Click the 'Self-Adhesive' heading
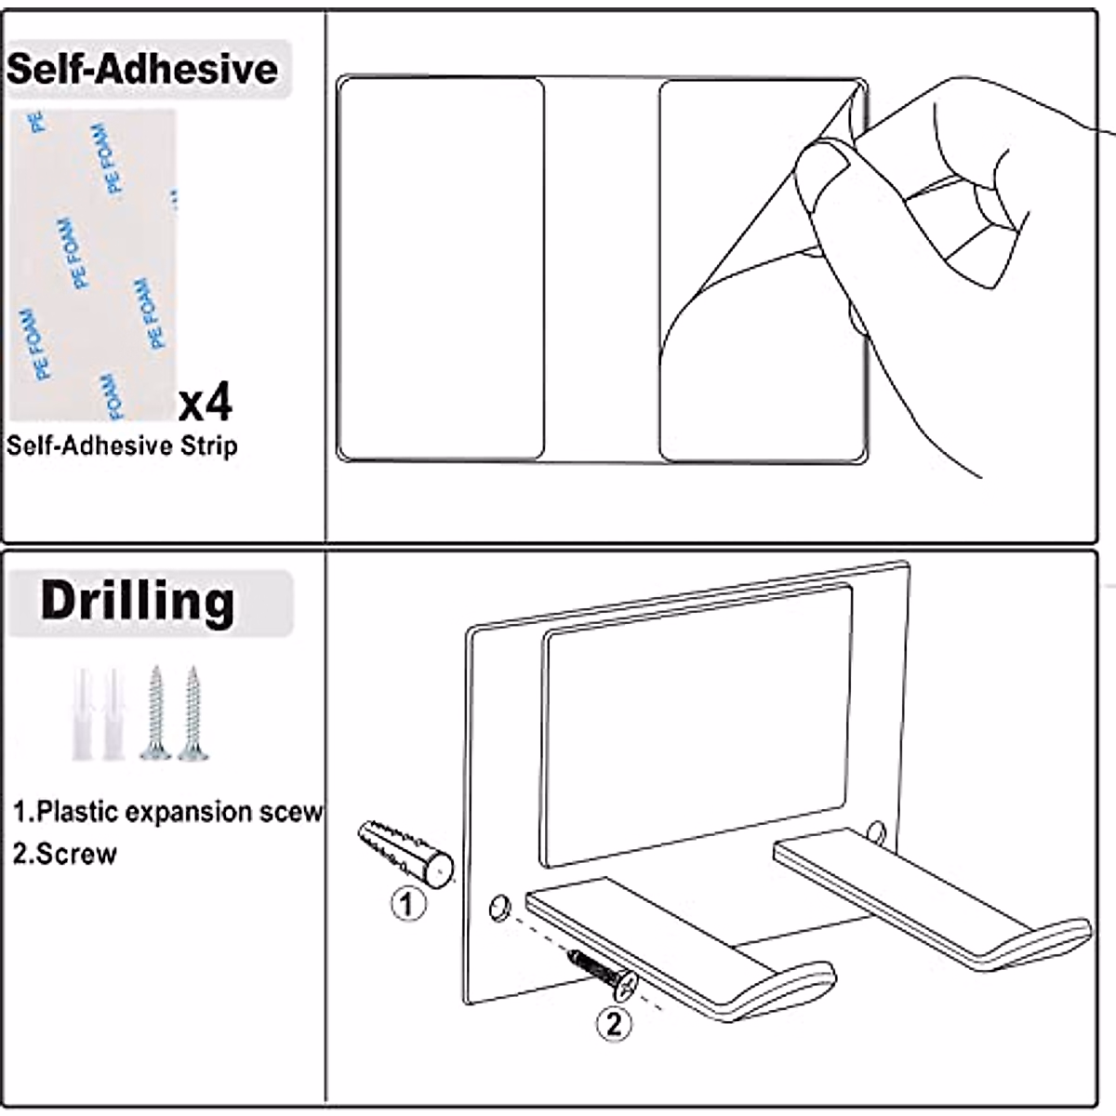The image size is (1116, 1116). tap(142, 69)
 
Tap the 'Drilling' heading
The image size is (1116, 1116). tap(138, 601)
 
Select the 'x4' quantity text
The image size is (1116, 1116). tap(206, 402)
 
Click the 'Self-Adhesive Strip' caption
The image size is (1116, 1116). tap(122, 445)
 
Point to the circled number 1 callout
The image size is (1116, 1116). tap(406, 903)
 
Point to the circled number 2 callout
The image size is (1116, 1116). tap(613, 1024)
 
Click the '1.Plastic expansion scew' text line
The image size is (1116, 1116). tap(167, 812)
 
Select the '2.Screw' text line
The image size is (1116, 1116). tap(65, 854)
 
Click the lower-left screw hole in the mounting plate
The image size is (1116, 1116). tap(499, 906)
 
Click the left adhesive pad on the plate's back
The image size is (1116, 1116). tap(440, 270)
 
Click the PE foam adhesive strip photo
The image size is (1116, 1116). tap(93, 265)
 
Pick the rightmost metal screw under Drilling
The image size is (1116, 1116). tap(193, 713)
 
